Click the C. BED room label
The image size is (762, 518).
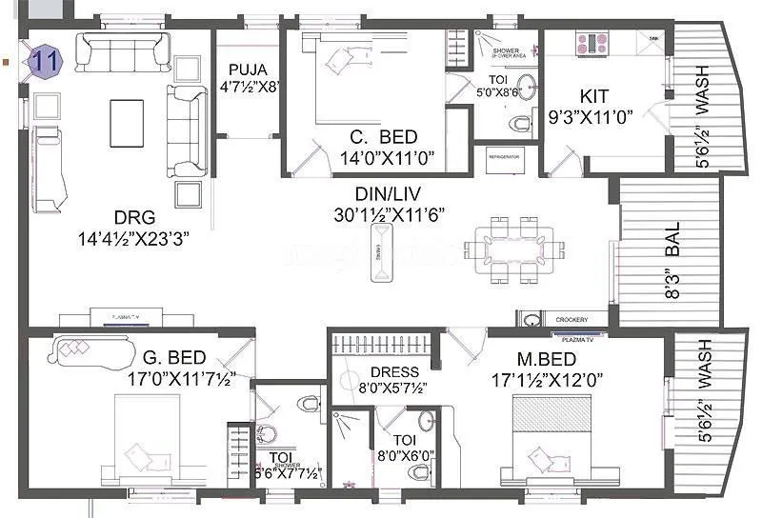(x=378, y=137)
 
